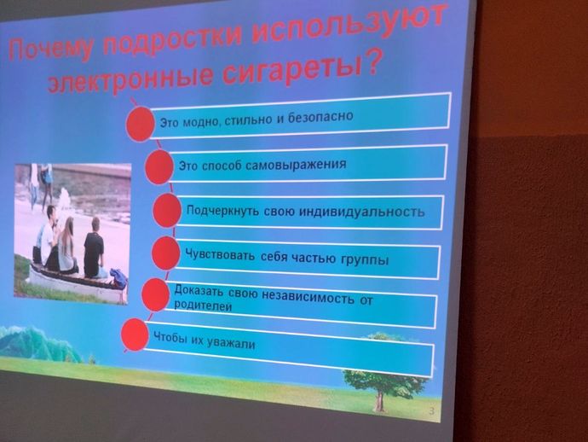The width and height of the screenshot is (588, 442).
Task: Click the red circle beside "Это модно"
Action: click(140, 124)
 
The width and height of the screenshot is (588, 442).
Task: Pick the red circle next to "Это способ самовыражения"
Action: click(159, 167)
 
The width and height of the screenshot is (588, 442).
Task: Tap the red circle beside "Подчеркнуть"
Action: click(167, 210)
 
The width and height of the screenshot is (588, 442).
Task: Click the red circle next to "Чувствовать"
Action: click(166, 253)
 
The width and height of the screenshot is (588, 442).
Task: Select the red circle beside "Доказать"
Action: click(155, 294)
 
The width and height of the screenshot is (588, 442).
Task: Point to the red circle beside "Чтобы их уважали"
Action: click(135, 334)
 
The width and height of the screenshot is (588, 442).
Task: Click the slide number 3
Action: click(431, 410)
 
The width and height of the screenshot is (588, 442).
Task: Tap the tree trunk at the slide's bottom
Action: click(380, 400)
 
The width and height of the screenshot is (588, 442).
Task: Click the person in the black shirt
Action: click(94, 247)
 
